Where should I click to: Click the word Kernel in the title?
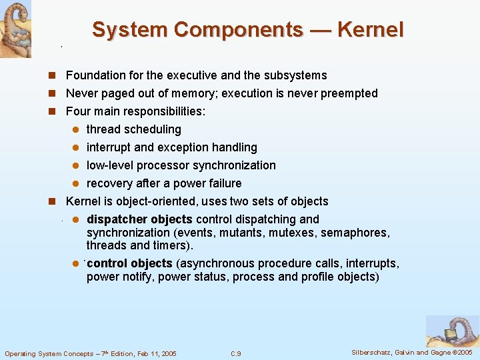[370, 30]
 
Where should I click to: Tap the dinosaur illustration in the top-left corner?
[15, 29]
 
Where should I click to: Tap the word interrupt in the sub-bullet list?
[109, 147]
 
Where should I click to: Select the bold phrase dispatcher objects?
[139, 219]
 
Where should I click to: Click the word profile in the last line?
[318, 277]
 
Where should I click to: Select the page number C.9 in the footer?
[235, 353]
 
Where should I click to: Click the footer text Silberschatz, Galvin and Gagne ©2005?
[412, 352]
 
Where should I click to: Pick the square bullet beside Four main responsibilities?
[58, 111]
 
